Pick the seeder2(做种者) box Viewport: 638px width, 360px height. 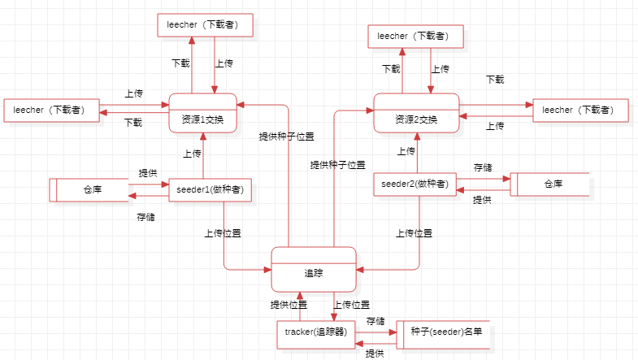click(414, 184)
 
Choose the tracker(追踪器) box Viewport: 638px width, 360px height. click(316, 332)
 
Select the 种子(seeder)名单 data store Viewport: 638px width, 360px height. click(445, 332)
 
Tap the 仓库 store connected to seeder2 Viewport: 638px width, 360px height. click(550, 184)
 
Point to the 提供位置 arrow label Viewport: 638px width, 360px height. click(289, 305)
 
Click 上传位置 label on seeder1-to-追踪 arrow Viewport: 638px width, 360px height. click(223, 233)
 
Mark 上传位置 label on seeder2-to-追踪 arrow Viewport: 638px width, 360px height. click(414, 233)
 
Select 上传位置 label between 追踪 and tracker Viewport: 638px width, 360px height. click(352, 305)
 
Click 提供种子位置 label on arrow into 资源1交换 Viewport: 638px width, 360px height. click(286, 137)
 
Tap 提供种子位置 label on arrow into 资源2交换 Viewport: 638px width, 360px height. click(337, 165)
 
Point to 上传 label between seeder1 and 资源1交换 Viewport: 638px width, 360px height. click(192, 153)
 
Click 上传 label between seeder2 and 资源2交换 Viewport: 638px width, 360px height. click(406, 151)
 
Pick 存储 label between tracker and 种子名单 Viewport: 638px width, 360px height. click(375, 322)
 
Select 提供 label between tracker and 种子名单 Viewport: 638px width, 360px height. click(375, 353)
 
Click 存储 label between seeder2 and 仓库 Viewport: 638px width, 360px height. click(483, 167)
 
